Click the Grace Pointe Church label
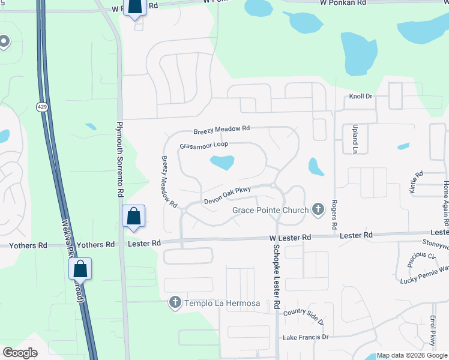(x=270, y=210)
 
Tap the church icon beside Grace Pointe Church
(x=318, y=209)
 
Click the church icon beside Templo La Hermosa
(x=175, y=302)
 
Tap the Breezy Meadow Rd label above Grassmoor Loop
(x=221, y=130)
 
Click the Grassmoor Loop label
(x=203, y=145)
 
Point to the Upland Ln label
(x=354, y=139)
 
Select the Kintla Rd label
(x=416, y=182)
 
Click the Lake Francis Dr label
(x=306, y=337)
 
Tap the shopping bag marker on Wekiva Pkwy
(x=81, y=269)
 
